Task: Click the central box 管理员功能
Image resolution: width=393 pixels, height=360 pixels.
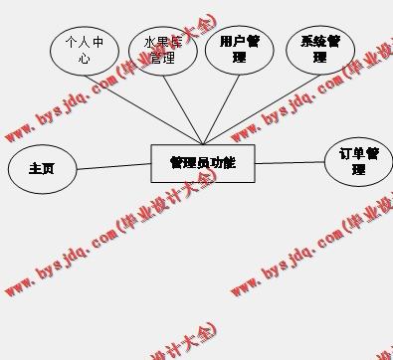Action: (x=203, y=163)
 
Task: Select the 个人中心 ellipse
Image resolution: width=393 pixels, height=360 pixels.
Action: (x=84, y=50)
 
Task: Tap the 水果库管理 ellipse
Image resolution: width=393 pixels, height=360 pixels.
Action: (x=163, y=50)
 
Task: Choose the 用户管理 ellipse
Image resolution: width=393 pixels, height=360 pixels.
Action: (x=239, y=49)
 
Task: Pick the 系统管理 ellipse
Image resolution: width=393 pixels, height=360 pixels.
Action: (x=320, y=49)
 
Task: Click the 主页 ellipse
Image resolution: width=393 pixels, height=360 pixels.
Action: (x=42, y=169)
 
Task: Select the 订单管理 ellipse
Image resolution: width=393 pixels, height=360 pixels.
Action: (x=358, y=162)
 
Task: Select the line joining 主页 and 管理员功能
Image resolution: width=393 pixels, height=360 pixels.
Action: (x=113, y=166)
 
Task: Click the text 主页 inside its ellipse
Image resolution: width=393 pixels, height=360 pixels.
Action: (x=42, y=169)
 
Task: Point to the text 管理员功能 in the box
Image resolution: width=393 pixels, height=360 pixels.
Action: (x=203, y=162)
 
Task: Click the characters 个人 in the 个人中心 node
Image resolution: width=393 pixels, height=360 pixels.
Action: (x=78, y=43)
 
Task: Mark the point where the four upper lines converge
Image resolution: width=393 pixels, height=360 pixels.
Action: (x=203, y=144)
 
